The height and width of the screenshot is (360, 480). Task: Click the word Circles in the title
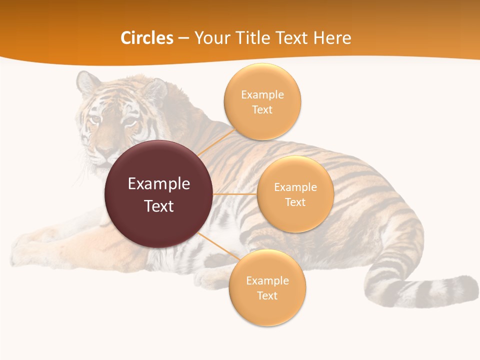coord(146,38)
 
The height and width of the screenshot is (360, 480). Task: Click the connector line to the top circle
coord(216,142)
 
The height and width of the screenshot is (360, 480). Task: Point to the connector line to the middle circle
coord(234,193)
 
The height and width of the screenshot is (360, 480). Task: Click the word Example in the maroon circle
coord(158,183)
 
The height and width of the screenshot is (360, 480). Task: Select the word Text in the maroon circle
coord(158,206)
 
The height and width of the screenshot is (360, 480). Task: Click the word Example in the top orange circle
coord(262,94)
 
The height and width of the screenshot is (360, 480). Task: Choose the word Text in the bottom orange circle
coord(267,295)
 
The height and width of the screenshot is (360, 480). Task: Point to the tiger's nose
coord(104,149)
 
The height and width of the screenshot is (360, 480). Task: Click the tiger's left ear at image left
coord(87,82)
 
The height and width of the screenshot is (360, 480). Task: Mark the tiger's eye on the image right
coord(129,121)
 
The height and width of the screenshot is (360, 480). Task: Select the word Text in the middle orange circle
coord(295,202)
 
